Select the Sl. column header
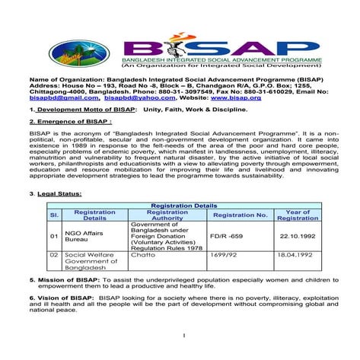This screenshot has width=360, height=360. pyautogui.click(x=54, y=215)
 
